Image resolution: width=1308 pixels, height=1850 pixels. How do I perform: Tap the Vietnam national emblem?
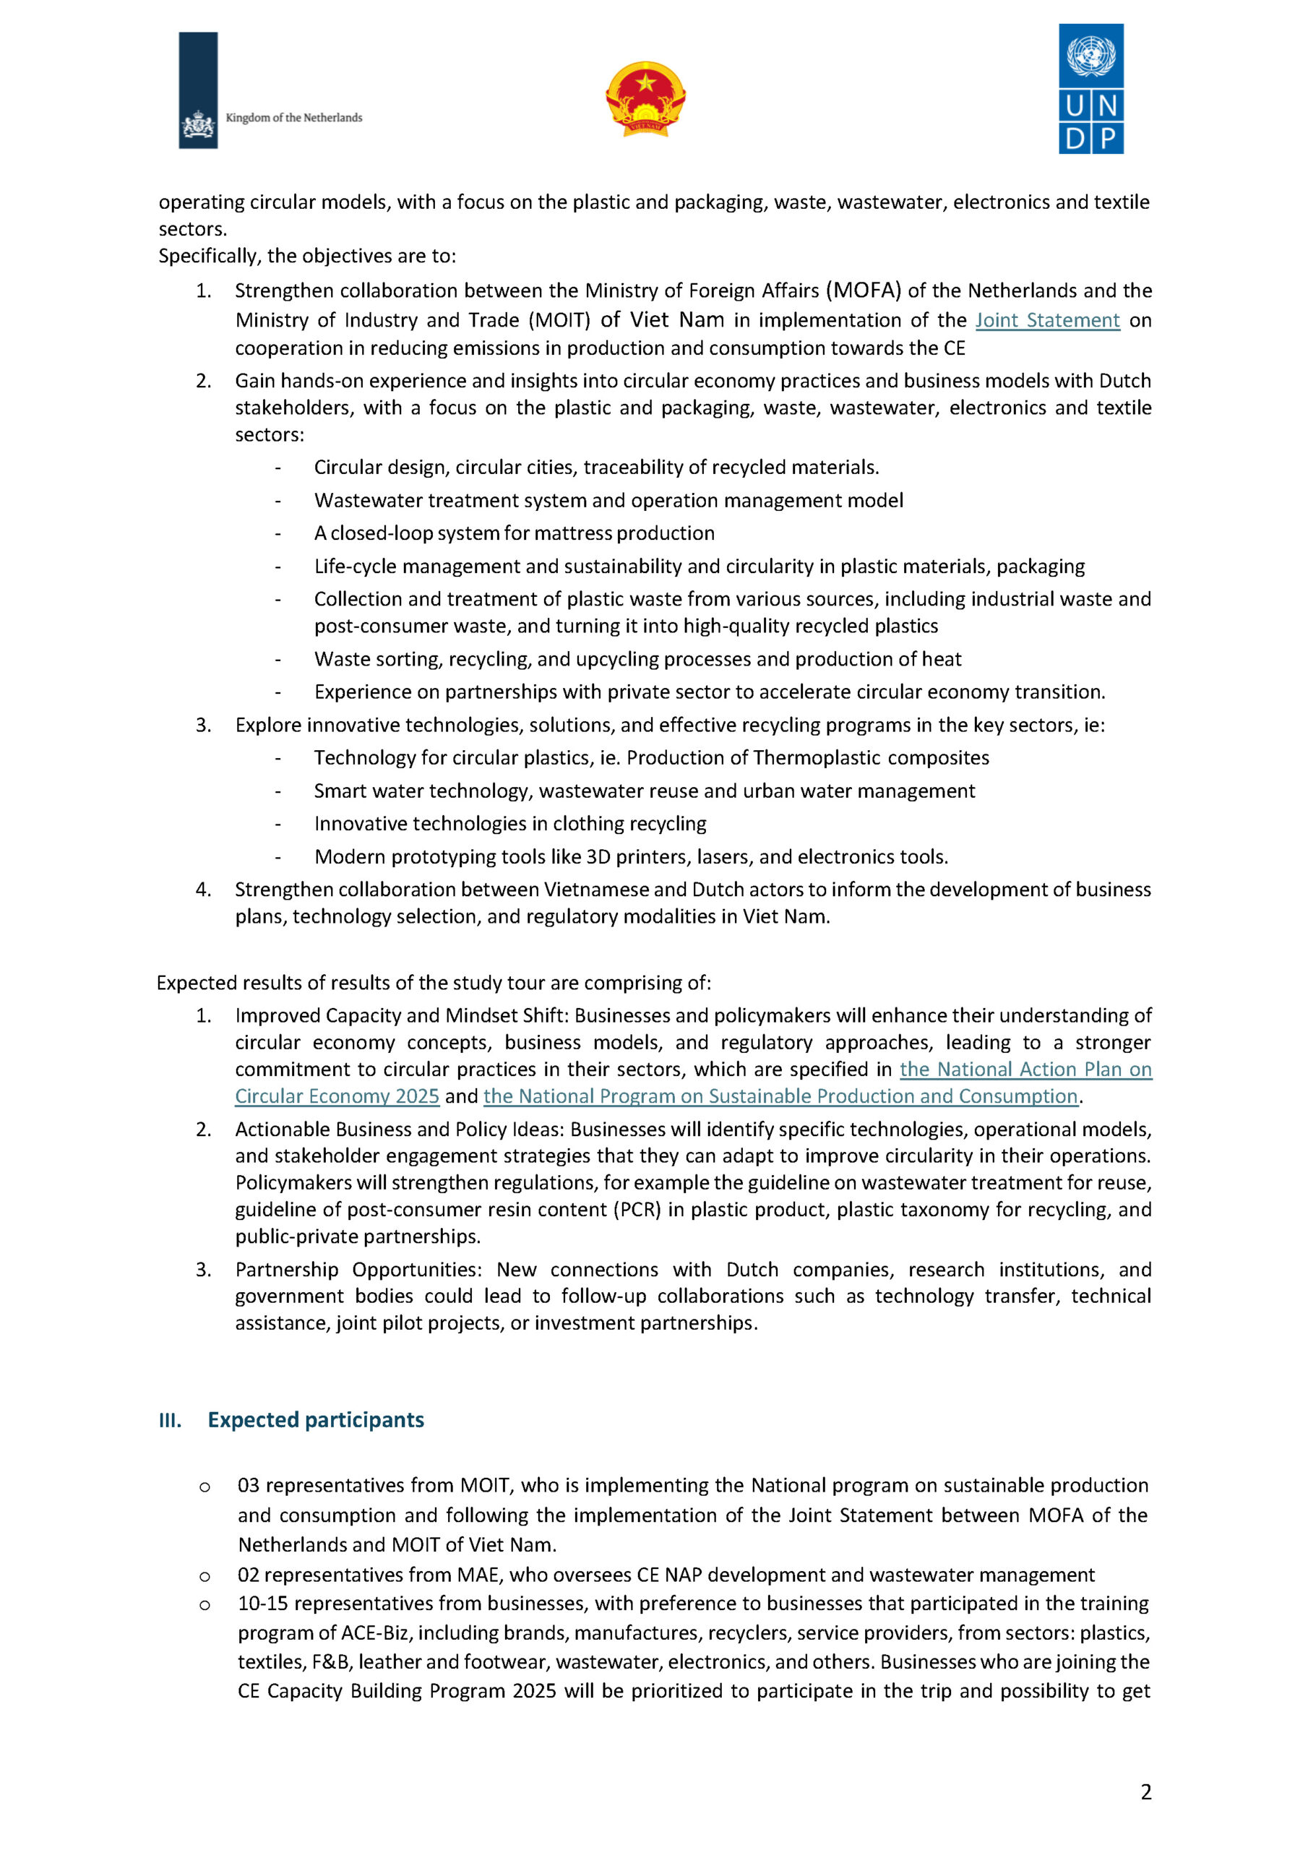(x=645, y=99)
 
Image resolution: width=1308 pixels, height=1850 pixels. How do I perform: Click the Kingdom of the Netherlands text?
(x=293, y=118)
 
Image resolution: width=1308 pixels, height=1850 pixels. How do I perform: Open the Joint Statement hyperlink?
(x=1047, y=321)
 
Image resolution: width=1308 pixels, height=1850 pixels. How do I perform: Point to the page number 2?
(x=1145, y=1791)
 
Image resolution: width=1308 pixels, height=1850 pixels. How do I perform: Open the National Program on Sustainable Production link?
(x=780, y=1096)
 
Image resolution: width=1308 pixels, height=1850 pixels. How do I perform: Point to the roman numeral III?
(x=169, y=1420)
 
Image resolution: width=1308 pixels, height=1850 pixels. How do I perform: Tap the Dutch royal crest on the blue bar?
(x=197, y=126)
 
